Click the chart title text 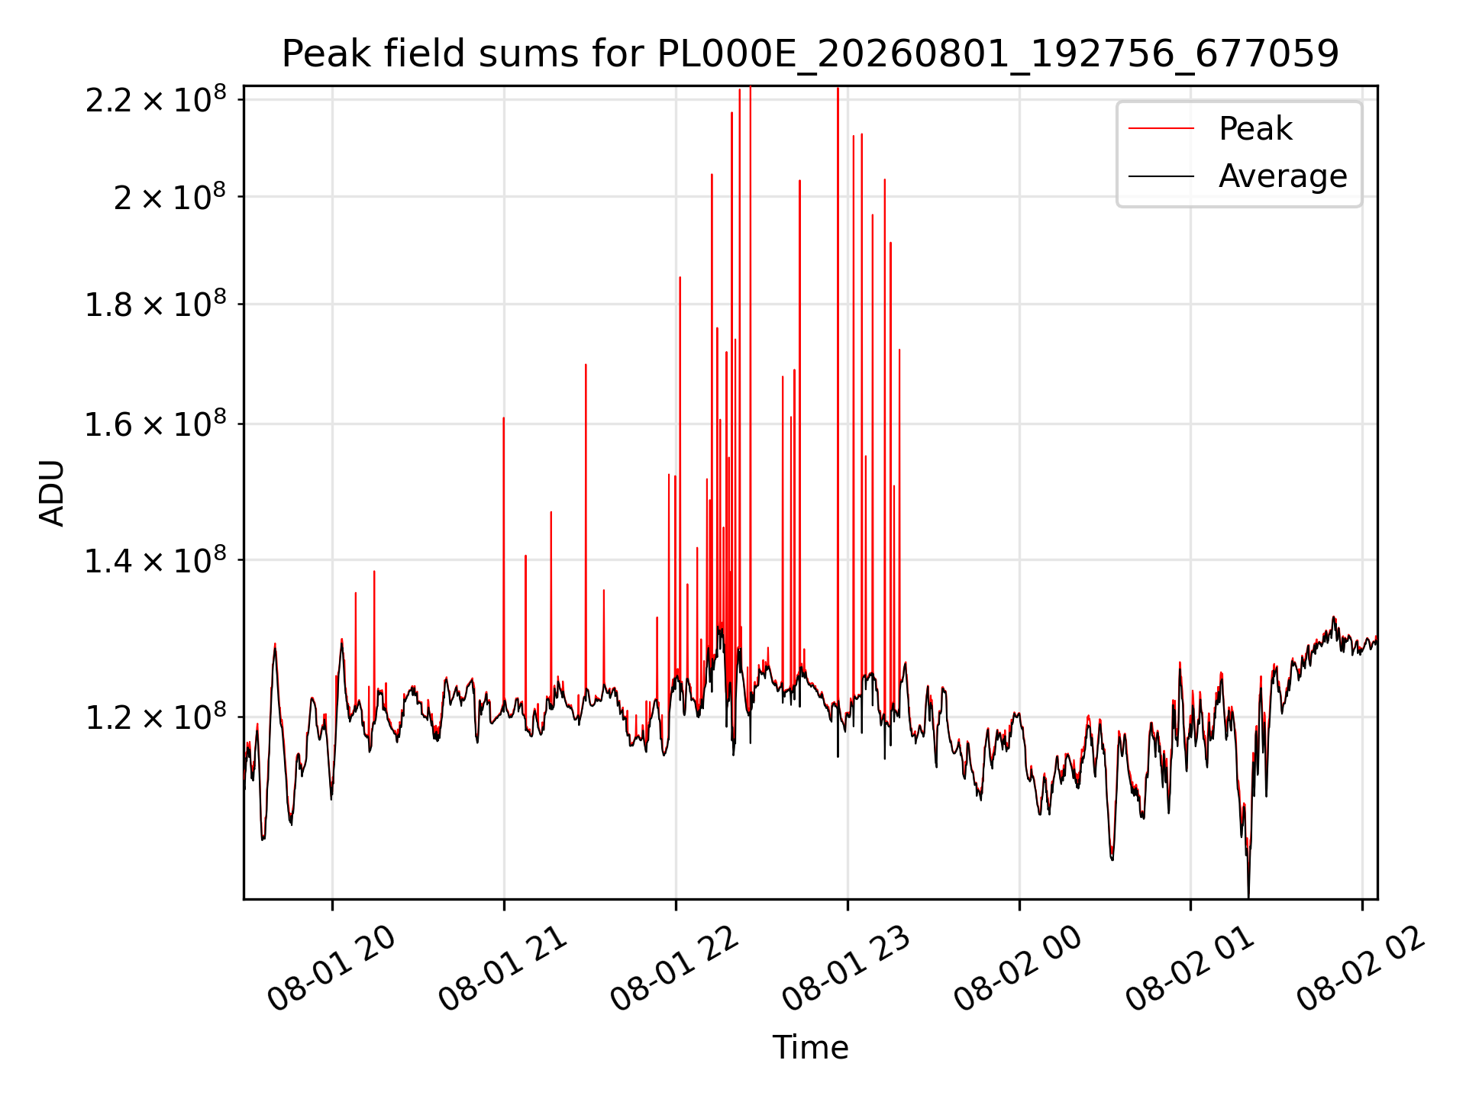point(810,54)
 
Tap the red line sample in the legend point(1161,128)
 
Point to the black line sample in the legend point(1161,176)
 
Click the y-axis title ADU point(52,493)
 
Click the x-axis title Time point(810,1047)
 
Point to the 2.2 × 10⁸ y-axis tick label point(156,99)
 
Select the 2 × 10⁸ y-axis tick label point(170,197)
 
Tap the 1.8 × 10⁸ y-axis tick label point(156,305)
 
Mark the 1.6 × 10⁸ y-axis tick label point(156,424)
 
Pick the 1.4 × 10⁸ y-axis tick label point(156,560)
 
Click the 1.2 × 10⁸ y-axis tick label point(156,717)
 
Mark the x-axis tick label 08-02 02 point(1362,969)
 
